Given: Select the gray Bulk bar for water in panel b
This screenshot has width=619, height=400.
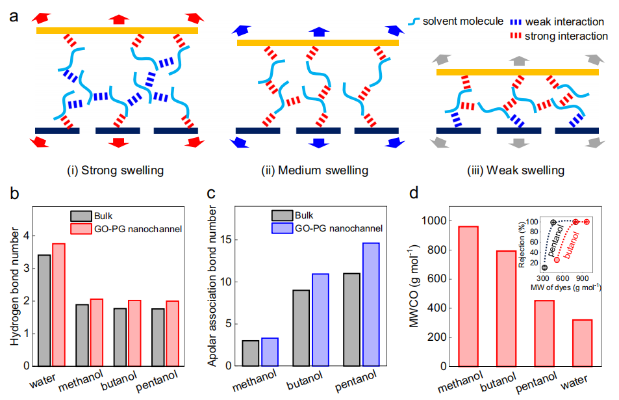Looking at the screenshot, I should click(44, 310).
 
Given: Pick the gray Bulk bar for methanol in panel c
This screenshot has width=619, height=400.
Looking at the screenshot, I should click(250, 353).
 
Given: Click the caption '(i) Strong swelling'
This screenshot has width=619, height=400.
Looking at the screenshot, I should click(115, 171).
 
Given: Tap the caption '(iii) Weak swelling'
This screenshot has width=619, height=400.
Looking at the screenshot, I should click(515, 171).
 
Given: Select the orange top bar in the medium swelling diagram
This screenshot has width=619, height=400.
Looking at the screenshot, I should click(318, 43).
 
